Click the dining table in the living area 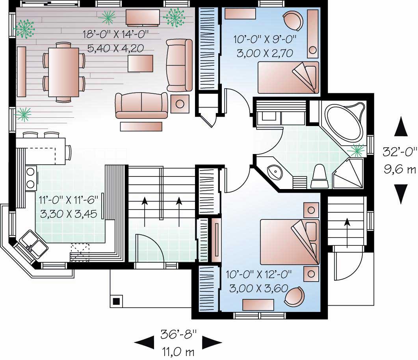63,72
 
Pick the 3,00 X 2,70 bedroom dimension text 265,53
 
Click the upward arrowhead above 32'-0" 400,127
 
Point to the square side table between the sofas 180,104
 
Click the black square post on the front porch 116,301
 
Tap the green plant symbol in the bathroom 357,149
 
